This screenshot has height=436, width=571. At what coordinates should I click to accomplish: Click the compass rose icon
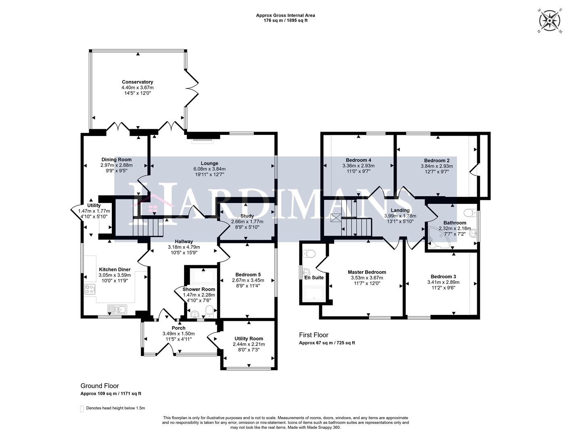pyautogui.click(x=550, y=20)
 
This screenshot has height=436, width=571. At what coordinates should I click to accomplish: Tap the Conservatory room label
pyautogui.click(x=137, y=82)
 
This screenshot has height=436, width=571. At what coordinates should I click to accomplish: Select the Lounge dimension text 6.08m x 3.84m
pyautogui.click(x=209, y=169)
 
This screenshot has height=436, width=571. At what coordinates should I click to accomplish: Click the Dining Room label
pyautogui.click(x=116, y=159)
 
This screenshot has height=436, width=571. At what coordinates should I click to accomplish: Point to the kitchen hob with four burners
pyautogui.click(x=90, y=289)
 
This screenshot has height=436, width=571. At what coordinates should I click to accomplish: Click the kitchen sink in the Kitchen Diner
pyautogui.click(x=117, y=310)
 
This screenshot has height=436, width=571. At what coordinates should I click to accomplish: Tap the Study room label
pyautogui.click(x=247, y=216)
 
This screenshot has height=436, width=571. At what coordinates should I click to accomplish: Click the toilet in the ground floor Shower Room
pyautogui.click(x=209, y=311)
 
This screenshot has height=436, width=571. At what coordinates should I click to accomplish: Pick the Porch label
pyautogui.click(x=178, y=328)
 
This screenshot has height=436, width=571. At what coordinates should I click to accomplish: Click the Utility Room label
pyautogui.click(x=249, y=339)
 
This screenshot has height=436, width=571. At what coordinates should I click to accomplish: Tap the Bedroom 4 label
pyautogui.click(x=358, y=160)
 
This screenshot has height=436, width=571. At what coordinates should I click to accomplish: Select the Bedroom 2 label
pyautogui.click(x=437, y=160)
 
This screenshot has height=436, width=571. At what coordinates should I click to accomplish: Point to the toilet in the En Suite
pyautogui.click(x=309, y=254)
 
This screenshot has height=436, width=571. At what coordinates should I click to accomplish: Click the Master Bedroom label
pyautogui.click(x=367, y=272)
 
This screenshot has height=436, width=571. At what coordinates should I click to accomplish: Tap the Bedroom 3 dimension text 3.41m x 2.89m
pyautogui.click(x=443, y=283)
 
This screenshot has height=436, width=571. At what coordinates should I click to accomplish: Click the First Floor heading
pyautogui.click(x=314, y=335)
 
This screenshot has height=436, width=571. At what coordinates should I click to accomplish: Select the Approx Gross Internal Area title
pyautogui.click(x=285, y=15)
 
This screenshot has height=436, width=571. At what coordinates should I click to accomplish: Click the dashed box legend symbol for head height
pyautogui.click(x=82, y=408)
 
